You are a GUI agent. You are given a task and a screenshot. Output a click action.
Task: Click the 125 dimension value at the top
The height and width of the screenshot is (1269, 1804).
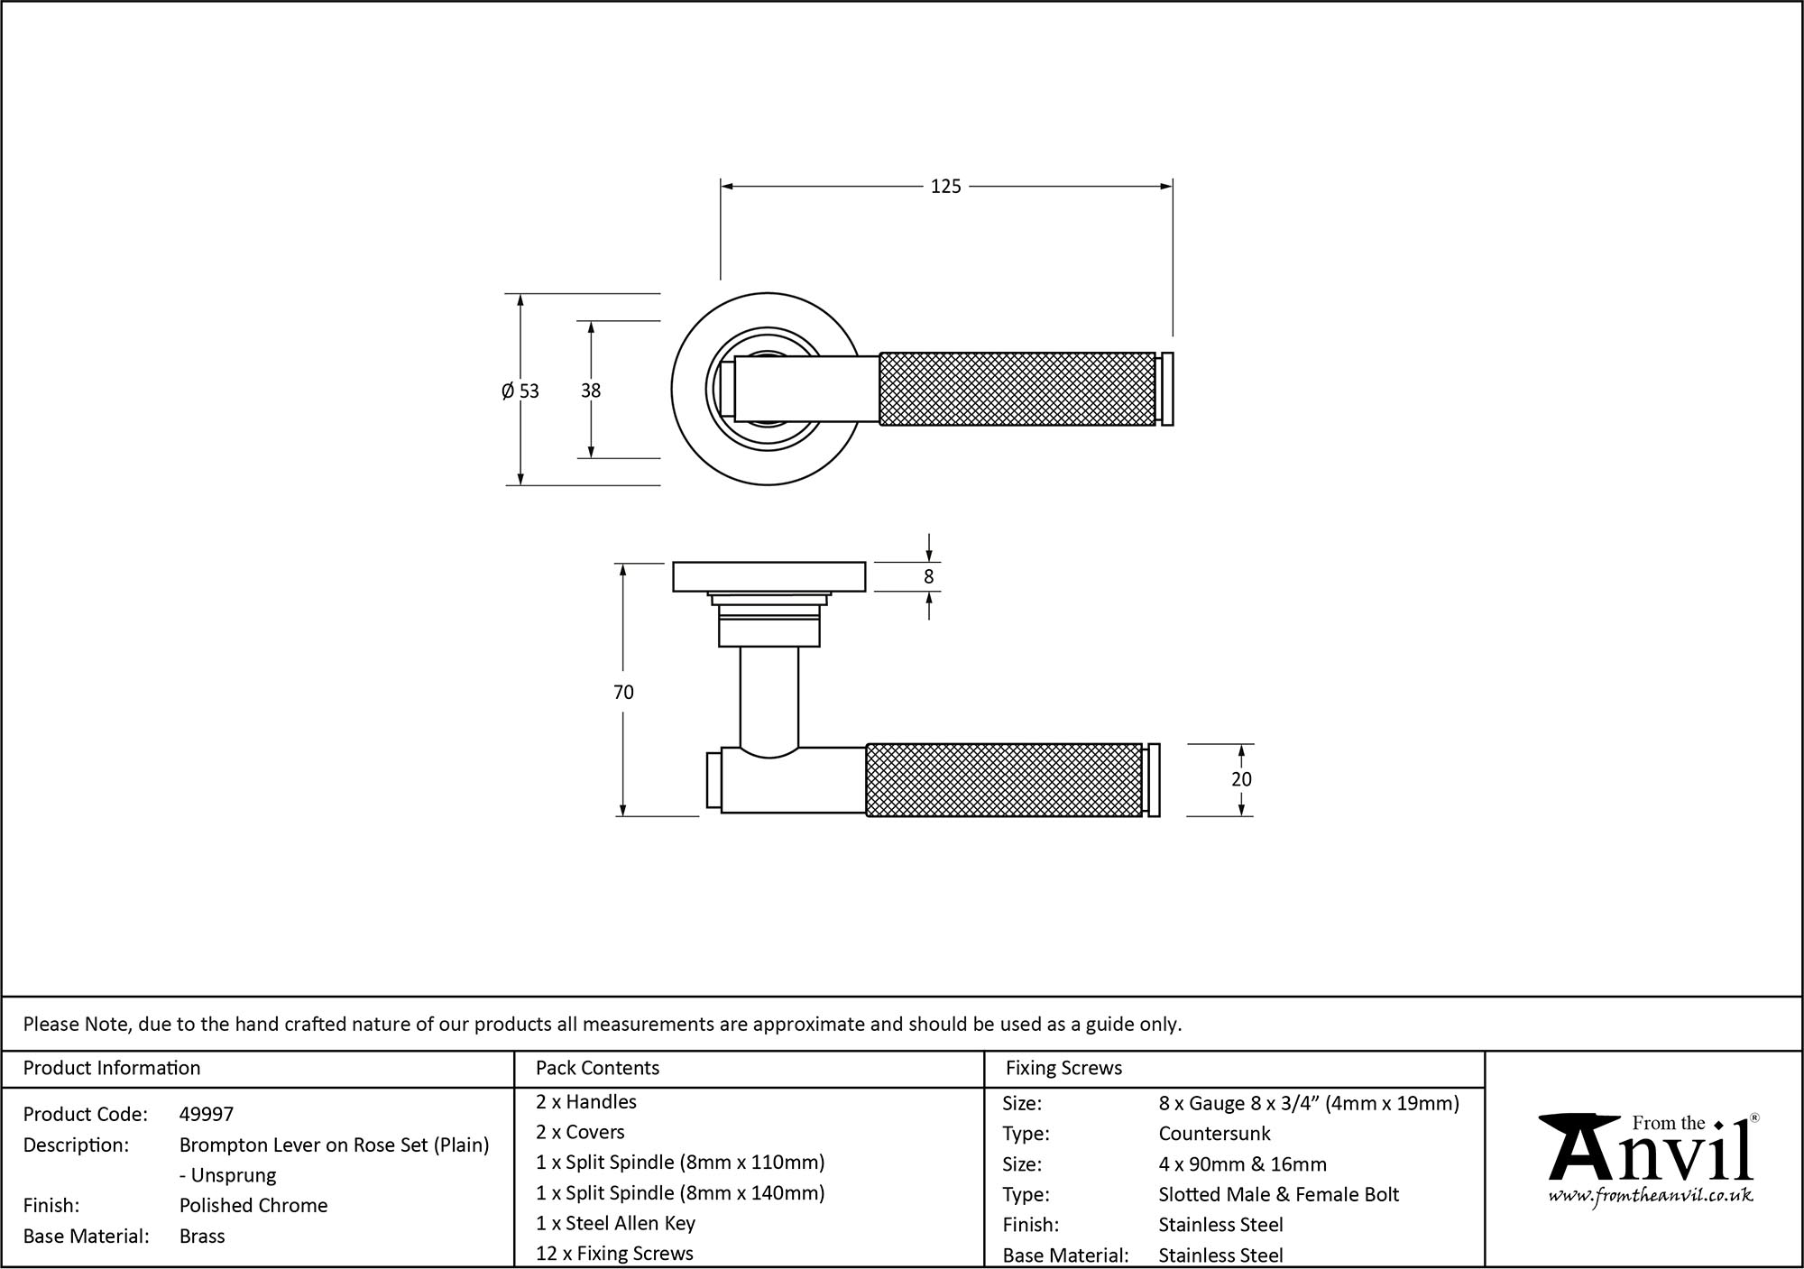coord(945,187)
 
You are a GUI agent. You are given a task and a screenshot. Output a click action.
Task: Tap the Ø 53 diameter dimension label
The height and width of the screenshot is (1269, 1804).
coord(520,391)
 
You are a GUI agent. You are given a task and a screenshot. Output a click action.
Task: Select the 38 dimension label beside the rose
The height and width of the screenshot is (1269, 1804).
coord(591,391)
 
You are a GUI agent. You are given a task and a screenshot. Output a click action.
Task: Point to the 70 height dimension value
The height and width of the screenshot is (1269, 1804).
coord(623,692)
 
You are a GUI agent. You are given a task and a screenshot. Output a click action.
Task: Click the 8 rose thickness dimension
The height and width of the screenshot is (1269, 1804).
coord(929,577)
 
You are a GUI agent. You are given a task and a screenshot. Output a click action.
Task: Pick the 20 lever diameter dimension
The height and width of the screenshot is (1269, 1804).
coord(1241,779)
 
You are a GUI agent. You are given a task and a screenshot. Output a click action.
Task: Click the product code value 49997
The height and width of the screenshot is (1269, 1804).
coord(207,1115)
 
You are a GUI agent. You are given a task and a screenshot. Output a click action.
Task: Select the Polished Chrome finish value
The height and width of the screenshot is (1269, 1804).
coord(253,1206)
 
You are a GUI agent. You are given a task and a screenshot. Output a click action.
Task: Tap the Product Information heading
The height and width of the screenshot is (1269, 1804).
coord(112,1068)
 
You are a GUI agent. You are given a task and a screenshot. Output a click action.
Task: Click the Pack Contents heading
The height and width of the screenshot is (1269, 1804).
coord(597,1068)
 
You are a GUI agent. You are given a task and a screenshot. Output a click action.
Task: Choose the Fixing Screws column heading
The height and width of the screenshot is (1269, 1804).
coord(1063,1068)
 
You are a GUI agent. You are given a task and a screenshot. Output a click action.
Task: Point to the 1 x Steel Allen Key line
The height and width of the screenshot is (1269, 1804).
coord(615,1223)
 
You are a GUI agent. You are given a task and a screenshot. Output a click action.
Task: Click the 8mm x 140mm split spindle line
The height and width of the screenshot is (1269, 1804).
coord(680,1193)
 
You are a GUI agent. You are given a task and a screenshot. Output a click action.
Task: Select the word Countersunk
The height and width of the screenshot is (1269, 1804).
coord(1214,1134)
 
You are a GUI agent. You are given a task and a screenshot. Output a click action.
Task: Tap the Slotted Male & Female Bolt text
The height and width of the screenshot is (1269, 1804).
coord(1278,1195)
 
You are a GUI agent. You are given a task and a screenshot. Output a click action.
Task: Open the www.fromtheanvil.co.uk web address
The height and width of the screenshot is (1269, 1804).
coord(1650,1196)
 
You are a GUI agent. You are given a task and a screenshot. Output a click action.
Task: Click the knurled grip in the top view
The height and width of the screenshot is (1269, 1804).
coord(1017,389)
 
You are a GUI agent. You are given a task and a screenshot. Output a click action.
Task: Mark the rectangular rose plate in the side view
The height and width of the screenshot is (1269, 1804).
coord(769,577)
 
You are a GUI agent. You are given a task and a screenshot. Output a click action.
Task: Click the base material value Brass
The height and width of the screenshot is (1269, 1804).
coord(202,1237)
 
